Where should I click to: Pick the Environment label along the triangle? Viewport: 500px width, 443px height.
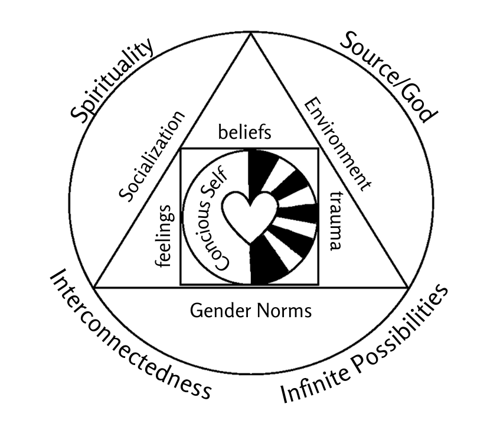tap(338, 145)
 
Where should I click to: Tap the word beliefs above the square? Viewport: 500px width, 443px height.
tap(244, 132)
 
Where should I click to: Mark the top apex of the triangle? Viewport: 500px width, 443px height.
tap(251, 34)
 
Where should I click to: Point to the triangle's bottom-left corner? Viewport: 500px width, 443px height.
tap(94, 287)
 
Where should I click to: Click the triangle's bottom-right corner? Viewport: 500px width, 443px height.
tap(408, 287)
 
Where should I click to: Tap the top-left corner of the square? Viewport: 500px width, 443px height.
tap(181, 148)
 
